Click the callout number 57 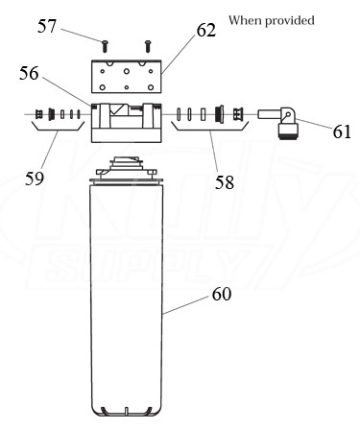click(47, 26)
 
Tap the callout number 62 click(206, 31)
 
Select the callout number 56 click(29, 73)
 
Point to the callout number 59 click(35, 179)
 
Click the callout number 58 click(225, 182)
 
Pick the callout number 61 click(342, 131)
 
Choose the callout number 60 click(222, 294)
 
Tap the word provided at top click(290, 21)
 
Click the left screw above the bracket click(105, 46)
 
